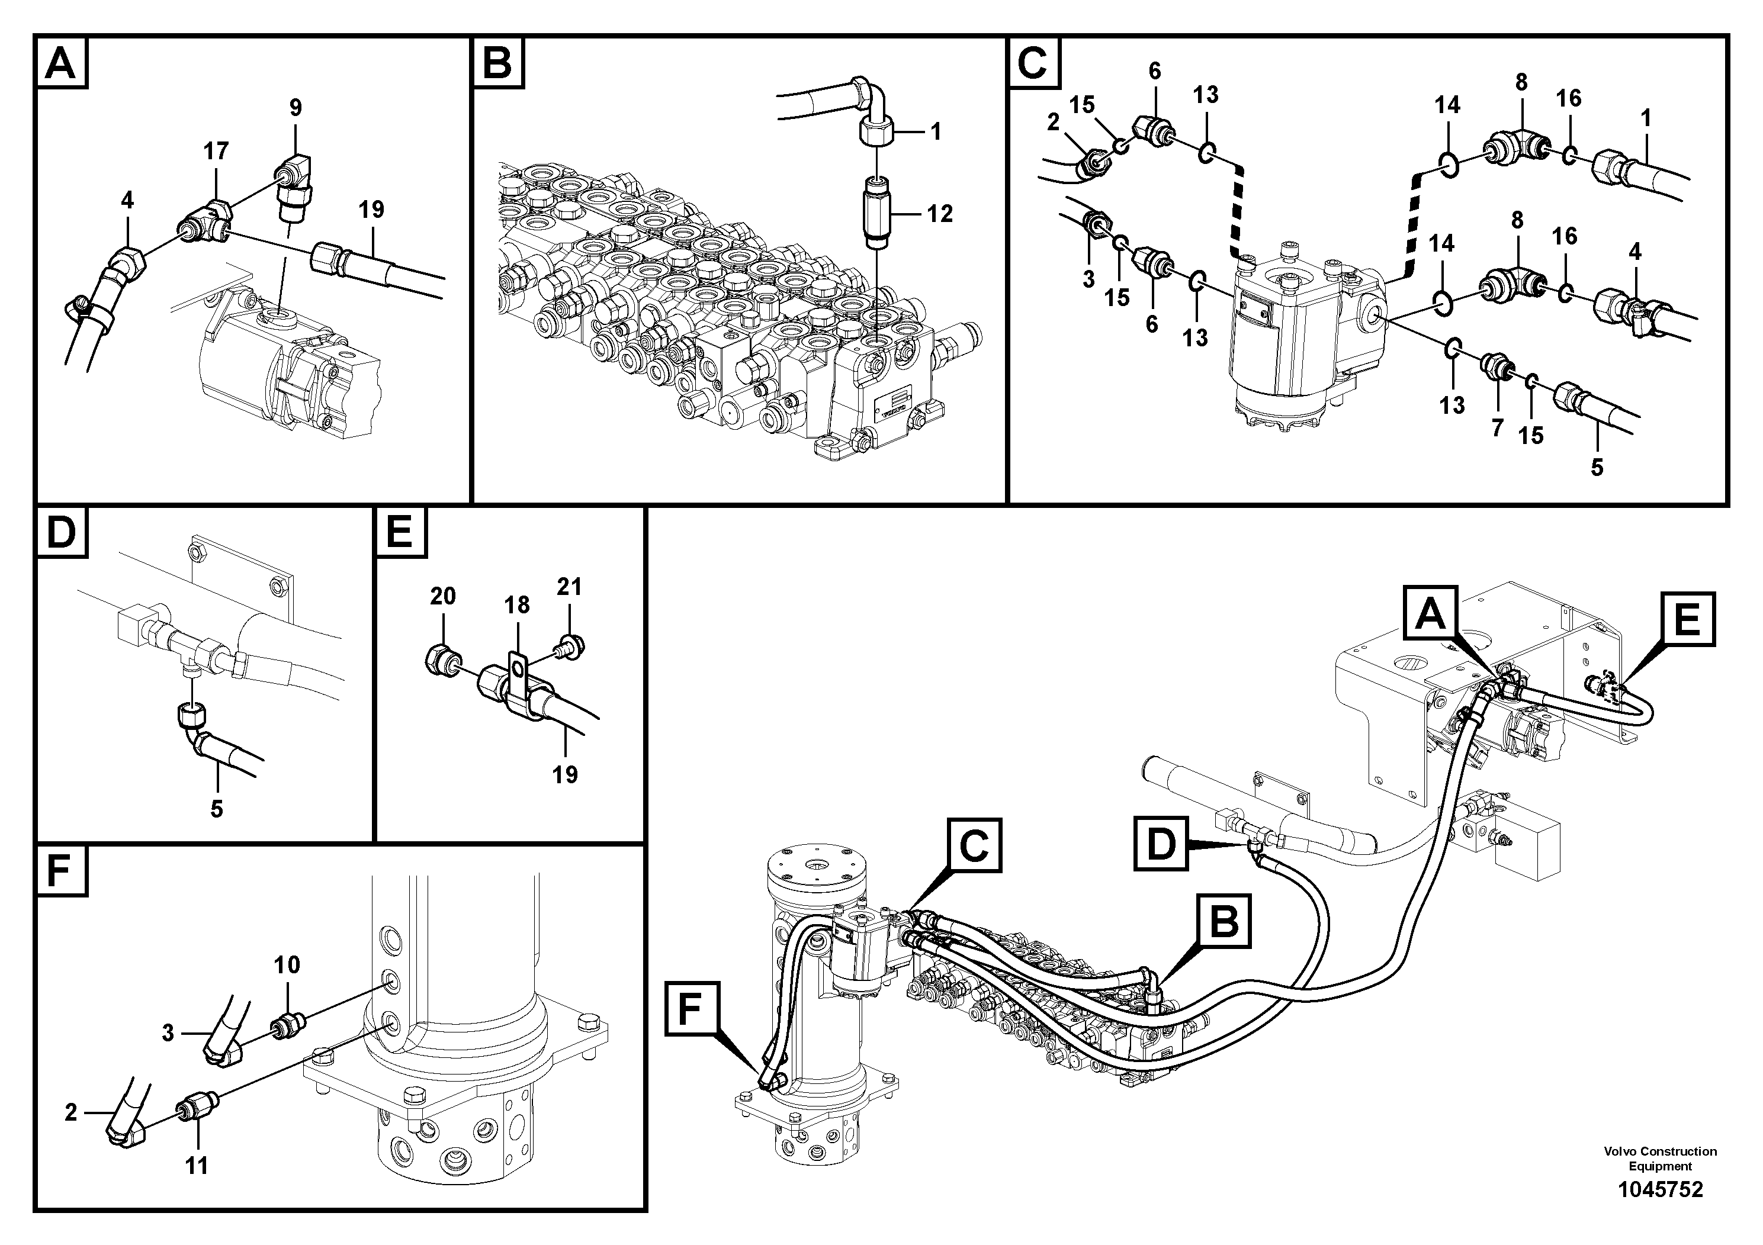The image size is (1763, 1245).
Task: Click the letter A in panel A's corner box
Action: (60, 63)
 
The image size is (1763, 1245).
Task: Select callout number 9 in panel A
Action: (296, 108)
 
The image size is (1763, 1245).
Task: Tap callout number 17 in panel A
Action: (216, 151)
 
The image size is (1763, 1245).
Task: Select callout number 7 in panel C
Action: (1497, 427)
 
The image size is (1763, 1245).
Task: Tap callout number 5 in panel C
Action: (1597, 468)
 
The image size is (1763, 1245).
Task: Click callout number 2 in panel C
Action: (1053, 122)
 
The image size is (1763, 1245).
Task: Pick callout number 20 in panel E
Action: (443, 596)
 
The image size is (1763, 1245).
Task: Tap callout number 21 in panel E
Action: (569, 587)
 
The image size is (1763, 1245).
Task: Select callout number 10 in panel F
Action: (287, 965)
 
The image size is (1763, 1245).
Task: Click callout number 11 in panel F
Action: (197, 1166)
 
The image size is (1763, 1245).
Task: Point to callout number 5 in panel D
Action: (217, 808)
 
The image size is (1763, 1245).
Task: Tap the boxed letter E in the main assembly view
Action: (1687, 620)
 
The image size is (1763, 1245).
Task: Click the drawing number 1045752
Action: (1660, 1190)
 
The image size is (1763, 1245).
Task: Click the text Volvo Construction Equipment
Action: (1660, 1158)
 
